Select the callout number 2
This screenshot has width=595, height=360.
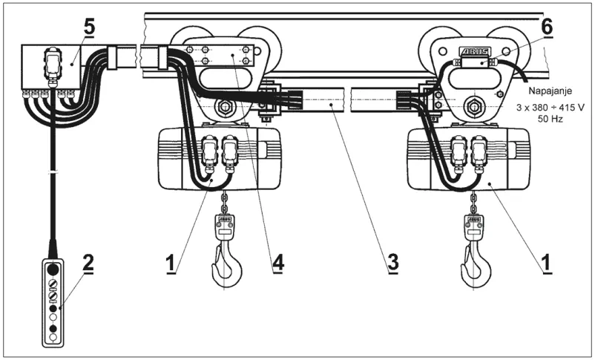88,264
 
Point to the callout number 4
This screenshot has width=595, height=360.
277,262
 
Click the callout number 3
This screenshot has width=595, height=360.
392,262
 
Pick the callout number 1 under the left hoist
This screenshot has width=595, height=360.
171,263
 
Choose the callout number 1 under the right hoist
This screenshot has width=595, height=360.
547,263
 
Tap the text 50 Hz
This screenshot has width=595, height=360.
550,119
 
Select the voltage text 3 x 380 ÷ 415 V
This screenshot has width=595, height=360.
550,108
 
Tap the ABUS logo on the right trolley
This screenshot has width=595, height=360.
475,52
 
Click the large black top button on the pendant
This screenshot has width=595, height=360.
53,269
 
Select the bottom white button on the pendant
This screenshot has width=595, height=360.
53,336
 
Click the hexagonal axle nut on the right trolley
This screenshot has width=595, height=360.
473,107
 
